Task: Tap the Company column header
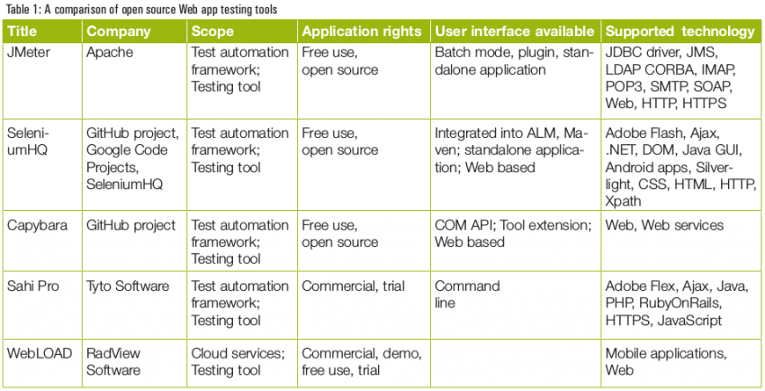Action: click(118, 32)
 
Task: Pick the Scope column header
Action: click(212, 32)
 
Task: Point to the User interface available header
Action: click(514, 32)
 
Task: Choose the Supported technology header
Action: click(679, 32)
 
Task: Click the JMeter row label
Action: click(30, 53)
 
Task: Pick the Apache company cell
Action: click(110, 53)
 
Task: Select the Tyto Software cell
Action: click(128, 286)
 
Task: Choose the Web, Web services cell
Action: click(664, 225)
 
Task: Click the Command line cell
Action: click(467, 295)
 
